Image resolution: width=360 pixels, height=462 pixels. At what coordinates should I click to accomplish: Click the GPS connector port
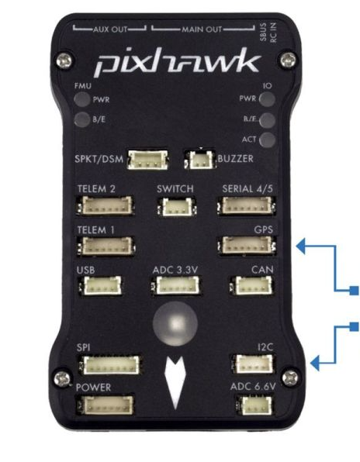pyautogui.click(x=247, y=245)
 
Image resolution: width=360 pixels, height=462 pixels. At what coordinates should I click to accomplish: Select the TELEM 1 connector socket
pyautogui.click(x=106, y=246)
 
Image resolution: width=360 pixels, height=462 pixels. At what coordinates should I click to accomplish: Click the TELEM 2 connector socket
pyautogui.click(x=106, y=205)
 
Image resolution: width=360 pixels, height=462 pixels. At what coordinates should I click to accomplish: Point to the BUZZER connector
pyautogui.click(x=200, y=160)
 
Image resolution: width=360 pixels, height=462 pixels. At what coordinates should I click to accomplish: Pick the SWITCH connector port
pyautogui.click(x=176, y=206)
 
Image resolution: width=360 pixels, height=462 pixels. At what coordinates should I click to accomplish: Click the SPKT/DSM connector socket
pyautogui.click(x=148, y=160)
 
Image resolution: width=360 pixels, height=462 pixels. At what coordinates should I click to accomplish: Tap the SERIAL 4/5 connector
pyautogui.click(x=247, y=205)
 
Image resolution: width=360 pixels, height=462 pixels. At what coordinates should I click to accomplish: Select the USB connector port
pyautogui.click(x=101, y=285)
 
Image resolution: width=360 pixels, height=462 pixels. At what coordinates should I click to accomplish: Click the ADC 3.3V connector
pyautogui.click(x=176, y=285)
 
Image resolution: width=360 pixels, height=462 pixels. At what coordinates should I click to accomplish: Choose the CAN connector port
pyautogui.click(x=252, y=285)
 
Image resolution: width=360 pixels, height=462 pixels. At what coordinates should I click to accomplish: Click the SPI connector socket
pyautogui.click(x=110, y=365)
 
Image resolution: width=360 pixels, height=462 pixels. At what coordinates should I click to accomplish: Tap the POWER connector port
pyautogui.click(x=106, y=405)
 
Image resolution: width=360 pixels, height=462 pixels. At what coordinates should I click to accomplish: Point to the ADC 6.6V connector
pyautogui.click(x=255, y=405)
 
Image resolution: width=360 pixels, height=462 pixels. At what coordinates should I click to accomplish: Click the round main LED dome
pyautogui.click(x=175, y=323)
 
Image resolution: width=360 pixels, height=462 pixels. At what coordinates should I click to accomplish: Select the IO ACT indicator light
pyautogui.click(x=268, y=140)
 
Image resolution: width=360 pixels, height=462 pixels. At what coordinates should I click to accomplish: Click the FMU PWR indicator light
pyautogui.click(x=82, y=99)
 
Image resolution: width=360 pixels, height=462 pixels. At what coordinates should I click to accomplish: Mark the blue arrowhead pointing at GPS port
pyautogui.click(x=300, y=247)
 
